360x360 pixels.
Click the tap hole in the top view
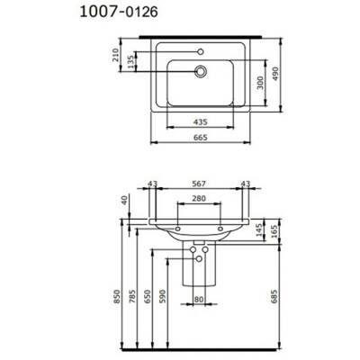pos(200,51)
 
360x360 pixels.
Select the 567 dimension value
pos(200,184)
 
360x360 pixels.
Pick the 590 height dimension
pos(164,297)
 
